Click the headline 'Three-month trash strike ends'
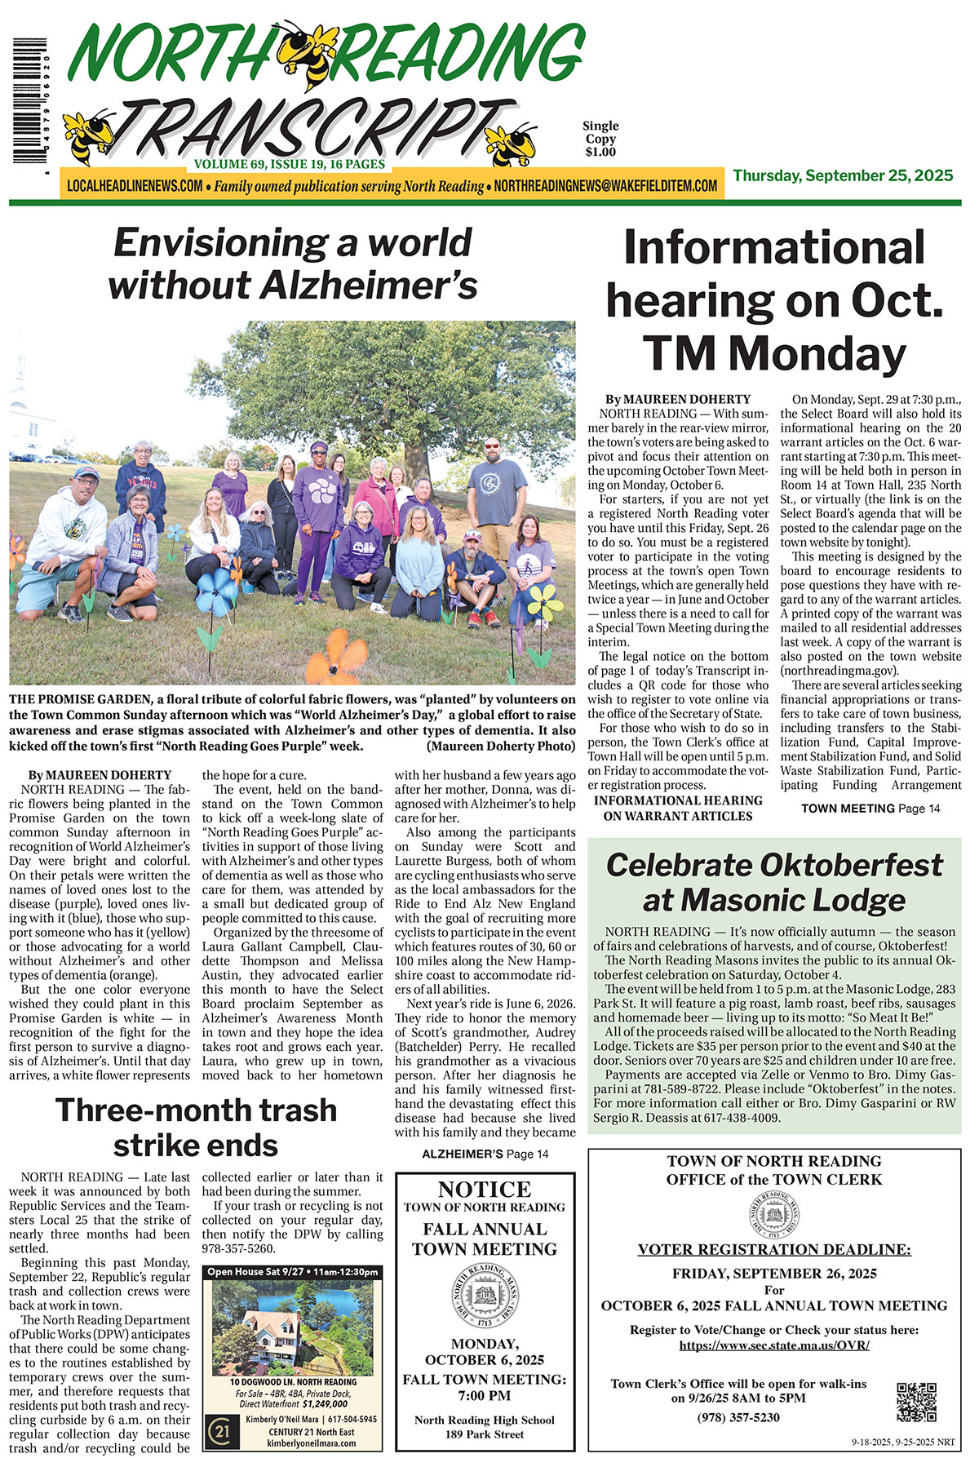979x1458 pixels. [196, 1128]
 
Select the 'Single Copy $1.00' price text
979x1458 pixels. [600, 139]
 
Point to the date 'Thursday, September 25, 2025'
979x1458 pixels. [843, 176]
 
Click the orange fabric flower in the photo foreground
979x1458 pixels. [336, 656]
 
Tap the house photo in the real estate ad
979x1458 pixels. [293, 1327]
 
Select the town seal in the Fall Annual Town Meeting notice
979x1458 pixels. [485, 1295]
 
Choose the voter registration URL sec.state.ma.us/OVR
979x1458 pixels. [774, 1345]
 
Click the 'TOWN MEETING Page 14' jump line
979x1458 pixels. [870, 808]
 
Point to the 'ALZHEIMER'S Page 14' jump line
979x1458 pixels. [485, 1154]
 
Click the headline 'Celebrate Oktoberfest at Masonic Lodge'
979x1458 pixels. [774, 882]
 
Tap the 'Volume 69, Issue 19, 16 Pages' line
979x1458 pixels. [290, 164]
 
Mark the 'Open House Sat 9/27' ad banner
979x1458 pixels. [293, 1272]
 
